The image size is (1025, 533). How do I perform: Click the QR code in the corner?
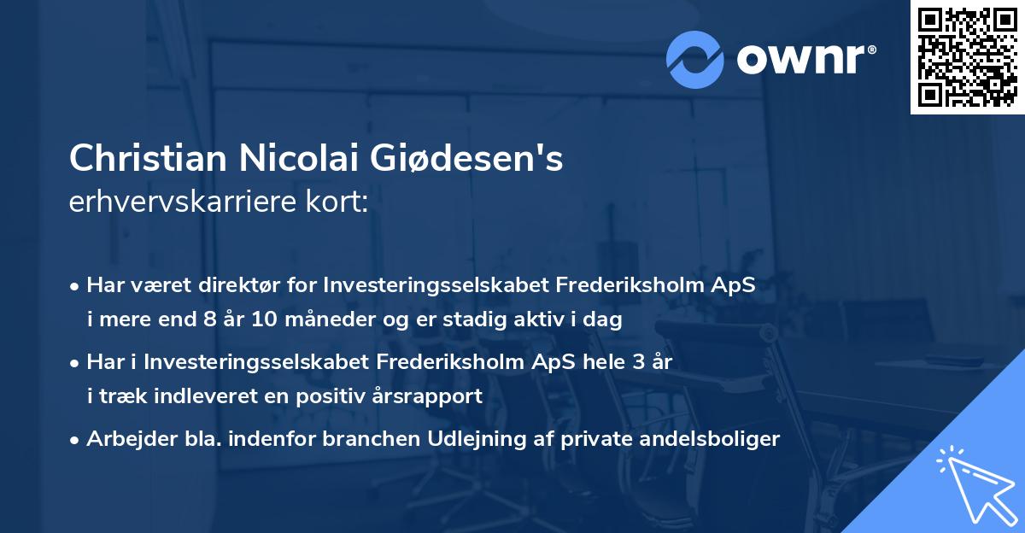tap(967, 57)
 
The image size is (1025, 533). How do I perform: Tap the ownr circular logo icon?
tap(694, 59)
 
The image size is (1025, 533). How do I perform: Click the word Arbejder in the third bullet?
tap(121, 439)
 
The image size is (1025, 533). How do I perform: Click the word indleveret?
tap(235, 396)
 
